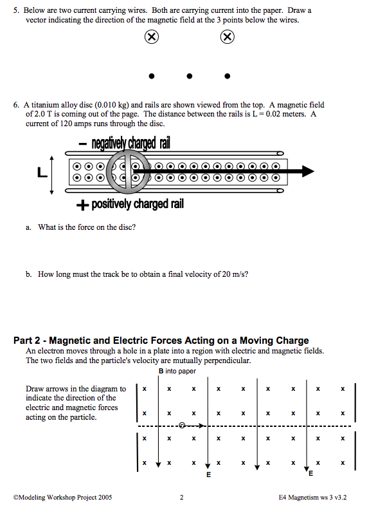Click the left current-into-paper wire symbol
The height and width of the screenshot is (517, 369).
tap(152, 37)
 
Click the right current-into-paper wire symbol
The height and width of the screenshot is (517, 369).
tap(227, 37)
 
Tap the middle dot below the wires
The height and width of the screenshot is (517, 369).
tap(189, 76)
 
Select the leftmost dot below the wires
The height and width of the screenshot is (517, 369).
tap(152, 76)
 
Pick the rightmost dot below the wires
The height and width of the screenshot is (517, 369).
tap(227, 76)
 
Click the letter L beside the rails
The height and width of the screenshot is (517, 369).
tap(42, 173)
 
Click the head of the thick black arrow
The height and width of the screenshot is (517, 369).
tap(308, 171)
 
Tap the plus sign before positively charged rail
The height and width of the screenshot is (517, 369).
tap(82, 205)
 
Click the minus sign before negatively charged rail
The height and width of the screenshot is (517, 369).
tap(83, 144)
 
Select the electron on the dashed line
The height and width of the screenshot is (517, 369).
tap(182, 426)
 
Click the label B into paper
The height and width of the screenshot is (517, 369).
tap(177, 371)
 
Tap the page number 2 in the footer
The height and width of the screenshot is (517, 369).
tap(182, 497)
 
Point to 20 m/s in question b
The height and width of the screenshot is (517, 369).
tap(234, 274)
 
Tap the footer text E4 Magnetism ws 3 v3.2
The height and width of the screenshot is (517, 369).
tap(312, 497)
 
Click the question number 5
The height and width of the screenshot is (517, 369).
tap(16, 10)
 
